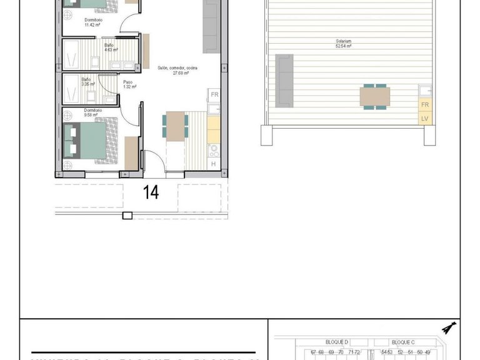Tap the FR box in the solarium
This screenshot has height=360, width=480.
click(x=425, y=105)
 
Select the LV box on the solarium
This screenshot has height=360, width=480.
click(x=425, y=118)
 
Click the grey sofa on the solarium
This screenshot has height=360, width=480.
click(x=284, y=79)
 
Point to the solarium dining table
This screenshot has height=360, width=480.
click(x=375, y=97)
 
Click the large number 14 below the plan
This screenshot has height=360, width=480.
click(x=151, y=192)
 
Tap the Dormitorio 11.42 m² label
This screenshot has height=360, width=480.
click(x=94, y=22)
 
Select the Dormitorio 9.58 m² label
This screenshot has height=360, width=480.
click(x=92, y=113)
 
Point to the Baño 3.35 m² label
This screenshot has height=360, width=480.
click(x=86, y=81)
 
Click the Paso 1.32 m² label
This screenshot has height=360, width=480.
click(x=127, y=84)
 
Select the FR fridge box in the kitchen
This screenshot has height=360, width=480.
click(x=214, y=95)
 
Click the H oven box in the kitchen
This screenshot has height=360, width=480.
click(x=213, y=164)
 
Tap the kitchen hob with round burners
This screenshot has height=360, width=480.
click(x=213, y=150)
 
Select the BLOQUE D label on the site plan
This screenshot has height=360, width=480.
click(x=337, y=342)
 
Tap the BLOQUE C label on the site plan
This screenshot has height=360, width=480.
click(x=402, y=342)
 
